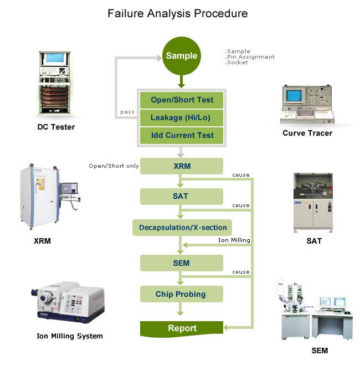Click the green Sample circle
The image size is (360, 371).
(x=181, y=56)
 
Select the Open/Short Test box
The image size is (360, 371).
(x=182, y=100)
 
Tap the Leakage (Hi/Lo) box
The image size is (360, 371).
(x=182, y=117)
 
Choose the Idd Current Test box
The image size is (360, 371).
(x=182, y=135)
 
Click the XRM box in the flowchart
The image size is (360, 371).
(x=182, y=166)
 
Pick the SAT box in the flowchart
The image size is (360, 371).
(x=182, y=196)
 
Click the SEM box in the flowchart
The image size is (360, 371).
(x=182, y=262)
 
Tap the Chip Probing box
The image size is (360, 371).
(x=182, y=294)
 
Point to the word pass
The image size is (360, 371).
(x=127, y=112)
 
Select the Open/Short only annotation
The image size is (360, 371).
(x=114, y=166)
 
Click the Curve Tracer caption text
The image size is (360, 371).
(x=308, y=133)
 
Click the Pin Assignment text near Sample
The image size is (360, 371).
(x=250, y=56)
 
